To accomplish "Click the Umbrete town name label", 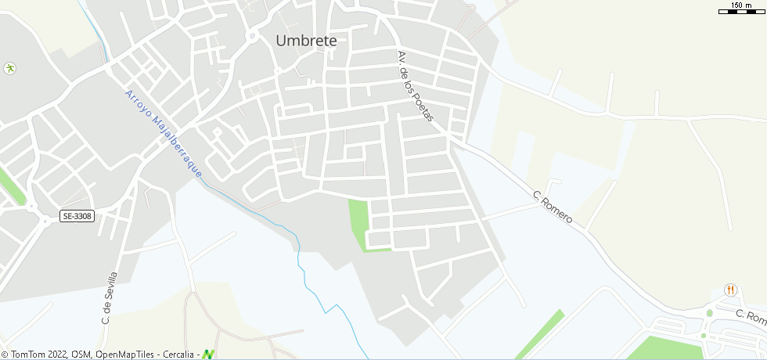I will (306, 41).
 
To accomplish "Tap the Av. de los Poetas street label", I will (415, 86).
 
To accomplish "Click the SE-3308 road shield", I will (77, 216).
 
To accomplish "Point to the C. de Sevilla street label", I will (109, 298).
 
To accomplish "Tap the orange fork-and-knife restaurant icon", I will (731, 290).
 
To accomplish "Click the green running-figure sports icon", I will (10, 68).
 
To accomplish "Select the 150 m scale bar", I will (741, 10).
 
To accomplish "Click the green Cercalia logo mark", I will (208, 355).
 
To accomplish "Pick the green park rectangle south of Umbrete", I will (358, 222).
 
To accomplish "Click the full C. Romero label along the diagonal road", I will (552, 207).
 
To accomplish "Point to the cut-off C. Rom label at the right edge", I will (751, 316).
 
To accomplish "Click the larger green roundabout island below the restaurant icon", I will (710, 313).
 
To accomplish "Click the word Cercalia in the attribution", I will (180, 355).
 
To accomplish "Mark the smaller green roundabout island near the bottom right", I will (703, 336).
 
